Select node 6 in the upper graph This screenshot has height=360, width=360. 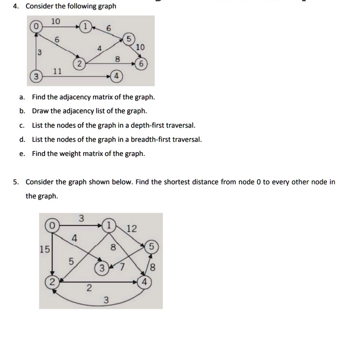pyautogui.click(x=141, y=64)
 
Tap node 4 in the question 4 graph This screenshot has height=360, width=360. pyautogui.click(x=116, y=76)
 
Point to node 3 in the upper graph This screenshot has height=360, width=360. pyautogui.click(x=35, y=76)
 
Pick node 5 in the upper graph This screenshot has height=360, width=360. pyautogui.click(x=128, y=39)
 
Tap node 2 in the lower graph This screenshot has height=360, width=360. pyautogui.click(x=52, y=282)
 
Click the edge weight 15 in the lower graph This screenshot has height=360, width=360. pyautogui.click(x=45, y=250)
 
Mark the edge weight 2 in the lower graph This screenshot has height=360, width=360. pyautogui.click(x=89, y=289)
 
